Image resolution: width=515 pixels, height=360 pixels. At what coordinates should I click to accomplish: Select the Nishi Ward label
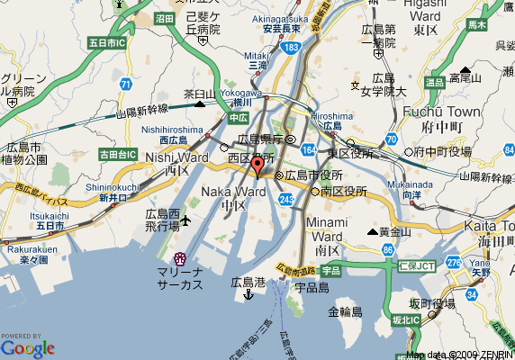point(164,157)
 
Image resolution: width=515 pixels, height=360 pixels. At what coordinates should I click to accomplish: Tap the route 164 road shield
point(309,149)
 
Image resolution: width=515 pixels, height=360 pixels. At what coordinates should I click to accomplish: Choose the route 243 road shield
point(287,198)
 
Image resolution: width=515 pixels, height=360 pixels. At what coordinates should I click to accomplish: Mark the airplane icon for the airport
point(186,220)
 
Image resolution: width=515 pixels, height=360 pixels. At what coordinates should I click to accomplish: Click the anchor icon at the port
point(248,295)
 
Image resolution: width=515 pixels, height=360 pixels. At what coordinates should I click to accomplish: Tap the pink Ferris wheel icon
point(179,259)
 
